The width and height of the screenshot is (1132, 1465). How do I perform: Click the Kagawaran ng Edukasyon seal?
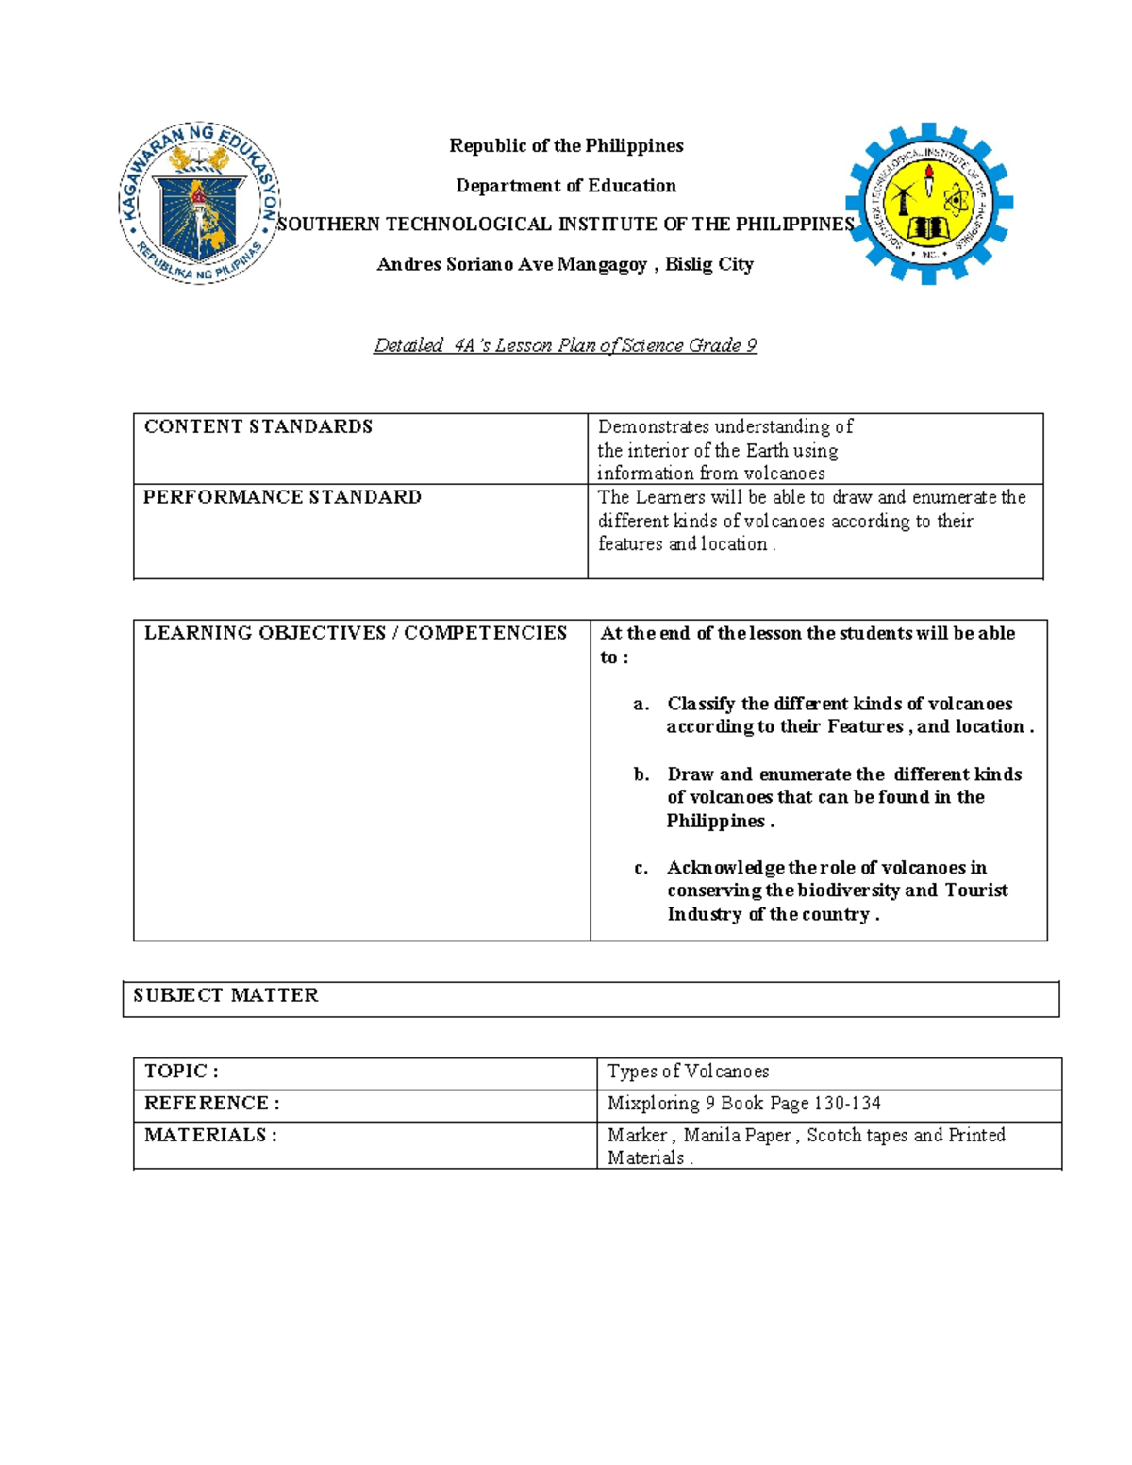(x=199, y=203)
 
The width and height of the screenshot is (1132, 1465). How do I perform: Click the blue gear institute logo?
(x=929, y=203)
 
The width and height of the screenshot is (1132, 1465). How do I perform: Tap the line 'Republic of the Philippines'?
(x=566, y=145)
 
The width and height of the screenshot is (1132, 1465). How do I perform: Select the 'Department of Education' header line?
(x=566, y=186)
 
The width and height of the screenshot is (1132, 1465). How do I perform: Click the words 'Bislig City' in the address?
(x=709, y=264)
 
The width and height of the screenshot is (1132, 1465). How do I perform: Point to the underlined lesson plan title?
(x=565, y=345)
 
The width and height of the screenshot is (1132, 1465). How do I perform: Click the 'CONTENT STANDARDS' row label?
(x=258, y=426)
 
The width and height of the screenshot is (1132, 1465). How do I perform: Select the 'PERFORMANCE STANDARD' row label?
(x=282, y=497)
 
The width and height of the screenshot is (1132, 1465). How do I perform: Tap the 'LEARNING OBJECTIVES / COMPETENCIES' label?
(x=355, y=633)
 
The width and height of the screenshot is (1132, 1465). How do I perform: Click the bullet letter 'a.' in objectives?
(x=641, y=704)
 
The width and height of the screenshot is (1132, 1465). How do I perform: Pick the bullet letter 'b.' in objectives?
(x=641, y=774)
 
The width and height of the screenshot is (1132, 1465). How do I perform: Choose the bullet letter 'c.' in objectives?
(x=641, y=868)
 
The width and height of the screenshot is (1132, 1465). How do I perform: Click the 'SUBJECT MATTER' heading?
(x=225, y=995)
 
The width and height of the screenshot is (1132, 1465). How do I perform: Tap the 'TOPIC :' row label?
(x=181, y=1072)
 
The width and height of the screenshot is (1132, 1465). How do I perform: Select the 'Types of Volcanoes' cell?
(x=688, y=1072)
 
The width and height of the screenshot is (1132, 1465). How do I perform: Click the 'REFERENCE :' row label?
(x=211, y=1104)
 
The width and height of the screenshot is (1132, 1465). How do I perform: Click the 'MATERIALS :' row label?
(x=210, y=1135)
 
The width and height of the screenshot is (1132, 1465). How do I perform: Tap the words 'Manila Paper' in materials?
(x=737, y=1135)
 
